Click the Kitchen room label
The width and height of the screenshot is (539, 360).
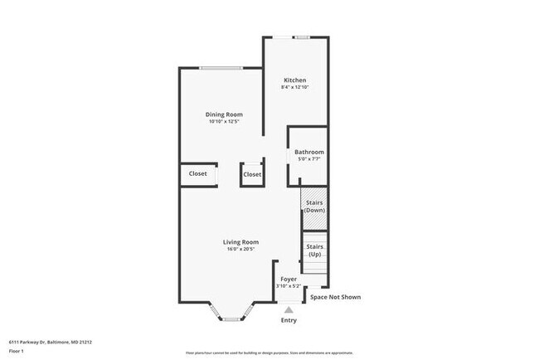click(294, 80)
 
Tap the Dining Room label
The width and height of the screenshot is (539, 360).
click(224, 114)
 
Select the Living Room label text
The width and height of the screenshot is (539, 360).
click(241, 242)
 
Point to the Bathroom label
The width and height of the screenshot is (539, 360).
click(309, 153)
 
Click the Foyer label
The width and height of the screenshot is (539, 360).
click(289, 280)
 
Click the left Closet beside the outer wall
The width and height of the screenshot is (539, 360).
click(198, 174)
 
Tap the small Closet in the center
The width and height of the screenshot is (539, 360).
click(252, 175)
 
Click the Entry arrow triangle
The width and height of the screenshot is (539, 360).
click(289, 309)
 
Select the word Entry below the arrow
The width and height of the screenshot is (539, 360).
click(289, 320)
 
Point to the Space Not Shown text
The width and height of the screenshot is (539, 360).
click(335, 297)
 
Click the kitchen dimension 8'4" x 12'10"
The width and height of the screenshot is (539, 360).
click(294, 87)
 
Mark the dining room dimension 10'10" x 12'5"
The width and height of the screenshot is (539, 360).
click(224, 123)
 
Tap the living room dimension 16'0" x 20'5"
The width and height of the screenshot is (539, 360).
click(241, 250)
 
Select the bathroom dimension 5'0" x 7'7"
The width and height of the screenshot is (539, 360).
click(309, 159)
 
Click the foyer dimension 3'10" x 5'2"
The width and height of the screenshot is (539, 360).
click(289, 287)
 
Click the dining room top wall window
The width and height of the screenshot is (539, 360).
click(220, 68)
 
